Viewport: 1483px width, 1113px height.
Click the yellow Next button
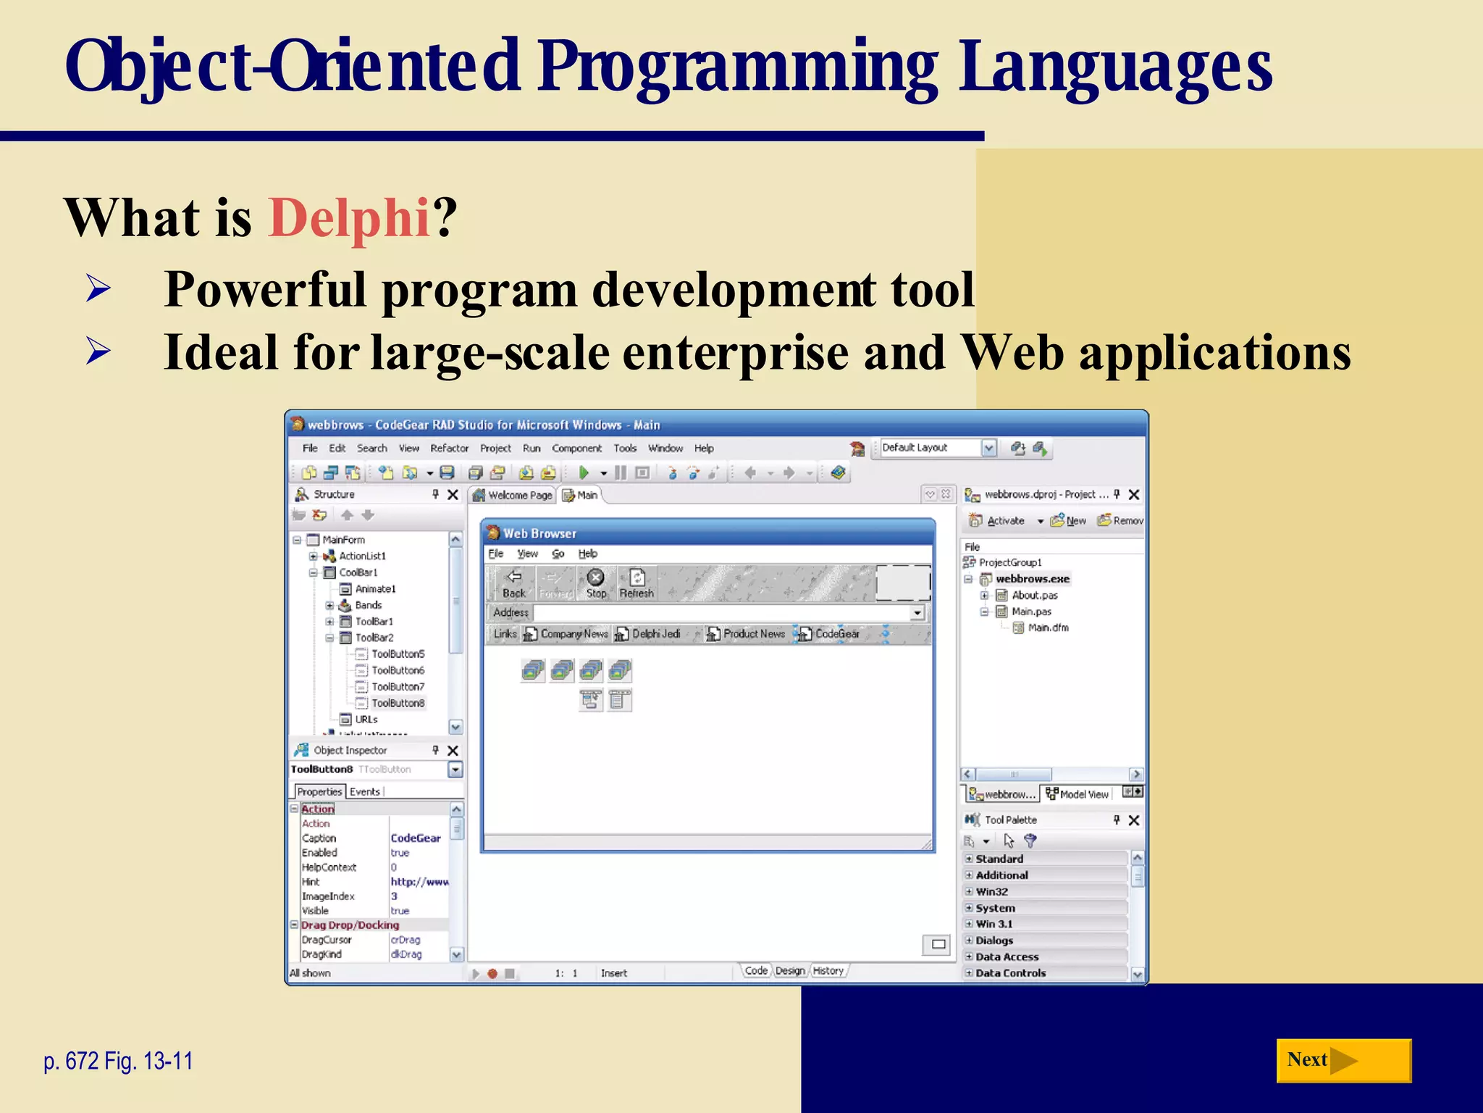(x=1343, y=1060)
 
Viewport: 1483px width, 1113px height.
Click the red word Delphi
(x=350, y=217)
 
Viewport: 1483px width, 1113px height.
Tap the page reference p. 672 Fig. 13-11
(x=118, y=1061)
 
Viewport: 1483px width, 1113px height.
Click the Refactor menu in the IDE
(x=449, y=449)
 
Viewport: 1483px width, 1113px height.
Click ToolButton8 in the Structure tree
(x=398, y=703)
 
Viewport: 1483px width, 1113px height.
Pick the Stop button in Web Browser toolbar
(x=596, y=583)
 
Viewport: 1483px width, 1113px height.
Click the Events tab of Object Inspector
(x=364, y=791)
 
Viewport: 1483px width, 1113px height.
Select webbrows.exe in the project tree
(x=1032, y=578)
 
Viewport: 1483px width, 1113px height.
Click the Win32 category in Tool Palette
(x=991, y=891)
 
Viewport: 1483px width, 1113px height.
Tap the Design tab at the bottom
(x=789, y=971)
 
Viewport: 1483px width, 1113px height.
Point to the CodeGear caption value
(x=416, y=838)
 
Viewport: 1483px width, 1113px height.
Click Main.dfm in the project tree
(x=1048, y=628)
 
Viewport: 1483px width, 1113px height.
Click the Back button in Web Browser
(x=514, y=583)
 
